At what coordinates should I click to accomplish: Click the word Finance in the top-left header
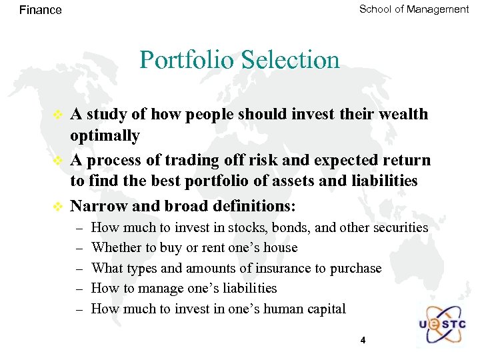click(x=40, y=10)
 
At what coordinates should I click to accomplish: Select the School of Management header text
click(x=413, y=9)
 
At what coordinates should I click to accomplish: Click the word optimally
click(x=105, y=136)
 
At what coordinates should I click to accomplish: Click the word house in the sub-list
click(x=280, y=248)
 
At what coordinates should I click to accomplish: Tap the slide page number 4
click(x=363, y=341)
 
